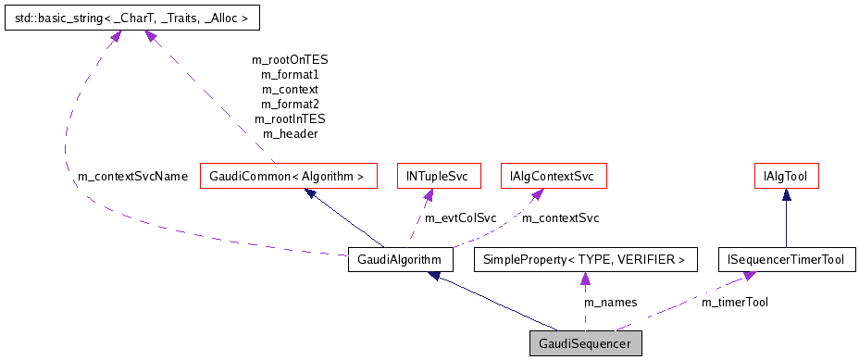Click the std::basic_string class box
pyautogui.click(x=132, y=17)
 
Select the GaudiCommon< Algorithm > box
pyautogui.click(x=289, y=175)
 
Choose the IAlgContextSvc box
pyautogui.click(x=553, y=175)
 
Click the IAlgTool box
pyautogui.click(x=786, y=175)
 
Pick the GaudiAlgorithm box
pyautogui.click(x=400, y=260)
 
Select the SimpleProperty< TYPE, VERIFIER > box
pyautogui.click(x=584, y=260)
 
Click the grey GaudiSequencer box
pyautogui.click(x=585, y=343)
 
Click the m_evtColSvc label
pyautogui.click(x=460, y=218)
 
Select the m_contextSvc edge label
pyautogui.click(x=561, y=218)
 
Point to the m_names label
pyautogui.click(x=609, y=302)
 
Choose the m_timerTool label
pyautogui.click(x=735, y=302)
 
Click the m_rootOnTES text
pyautogui.click(x=290, y=59)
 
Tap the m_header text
pyautogui.click(x=290, y=134)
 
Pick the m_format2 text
pyautogui.click(x=290, y=104)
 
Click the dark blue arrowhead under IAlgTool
pyautogui.click(x=786, y=194)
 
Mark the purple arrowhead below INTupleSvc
pyautogui.click(x=429, y=194)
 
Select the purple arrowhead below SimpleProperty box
pyautogui.click(x=584, y=279)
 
